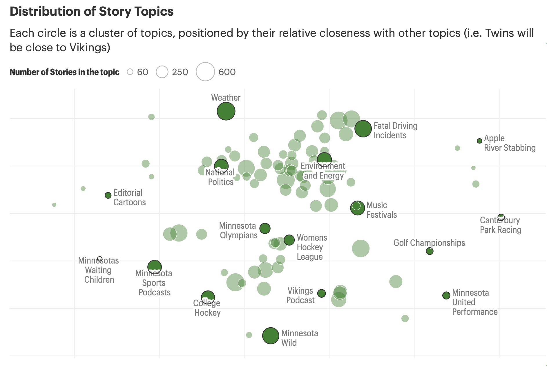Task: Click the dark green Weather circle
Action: pos(226,111)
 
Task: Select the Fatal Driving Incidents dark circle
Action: pos(363,129)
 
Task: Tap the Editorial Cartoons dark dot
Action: pos(108,195)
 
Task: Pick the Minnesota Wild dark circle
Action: pos(271,336)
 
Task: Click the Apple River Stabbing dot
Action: pos(479,141)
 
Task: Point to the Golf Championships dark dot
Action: pos(430,251)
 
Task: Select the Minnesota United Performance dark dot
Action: pos(446,295)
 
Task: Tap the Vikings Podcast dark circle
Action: pos(321,293)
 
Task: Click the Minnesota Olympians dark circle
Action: pos(265,228)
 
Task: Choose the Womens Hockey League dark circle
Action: pos(289,240)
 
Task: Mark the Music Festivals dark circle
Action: pos(357,208)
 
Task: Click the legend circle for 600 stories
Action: pos(205,72)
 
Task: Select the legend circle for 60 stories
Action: pos(130,72)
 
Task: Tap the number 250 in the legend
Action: pos(180,72)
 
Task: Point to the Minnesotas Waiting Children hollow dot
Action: pos(100,259)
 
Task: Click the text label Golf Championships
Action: pos(429,243)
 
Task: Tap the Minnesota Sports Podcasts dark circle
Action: pos(155,267)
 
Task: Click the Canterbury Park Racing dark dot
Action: pos(501,217)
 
